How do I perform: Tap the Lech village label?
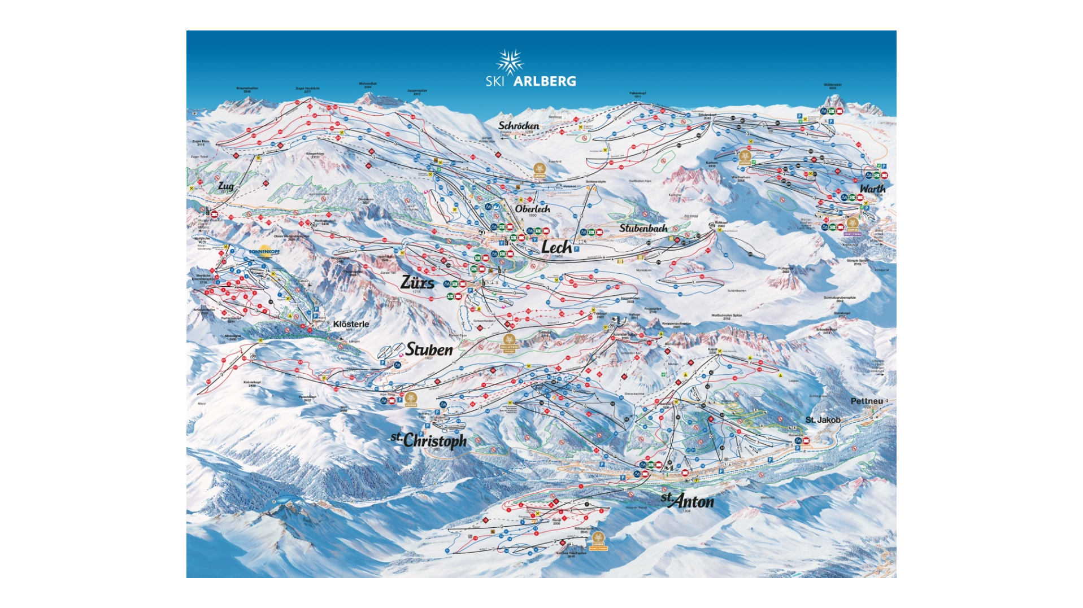tap(556, 247)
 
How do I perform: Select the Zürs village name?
tap(417, 282)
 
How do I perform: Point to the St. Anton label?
tap(688, 500)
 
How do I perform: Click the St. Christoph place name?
tap(429, 440)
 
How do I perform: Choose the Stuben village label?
tap(429, 349)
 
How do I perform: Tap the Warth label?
tap(872, 189)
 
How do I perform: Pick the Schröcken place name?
tap(519, 125)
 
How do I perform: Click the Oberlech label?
tap(532, 208)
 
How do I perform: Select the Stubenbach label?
tap(643, 228)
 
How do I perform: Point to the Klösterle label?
tap(351, 324)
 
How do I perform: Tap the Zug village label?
tap(226, 186)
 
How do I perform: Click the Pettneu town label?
tap(867, 401)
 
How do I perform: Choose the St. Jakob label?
tap(823, 419)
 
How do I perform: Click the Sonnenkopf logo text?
tap(264, 252)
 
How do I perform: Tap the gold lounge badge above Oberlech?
tap(540, 169)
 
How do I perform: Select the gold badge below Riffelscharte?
tap(598, 540)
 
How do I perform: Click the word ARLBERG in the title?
tap(545, 81)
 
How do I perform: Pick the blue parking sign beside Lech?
tap(577, 248)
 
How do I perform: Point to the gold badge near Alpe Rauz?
tap(411, 399)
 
